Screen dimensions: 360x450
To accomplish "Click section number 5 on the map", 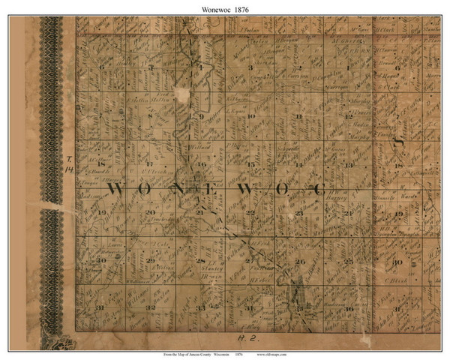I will (151, 68).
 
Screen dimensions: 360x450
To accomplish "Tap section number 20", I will (151, 213).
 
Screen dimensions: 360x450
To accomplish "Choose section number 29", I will (151, 260).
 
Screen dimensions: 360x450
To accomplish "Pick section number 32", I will (151, 307).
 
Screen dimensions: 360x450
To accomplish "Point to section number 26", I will (299, 261).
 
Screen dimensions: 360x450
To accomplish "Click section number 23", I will (299, 213).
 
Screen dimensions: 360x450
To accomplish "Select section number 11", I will (299, 116).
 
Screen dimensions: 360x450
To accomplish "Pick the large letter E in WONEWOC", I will (213, 189).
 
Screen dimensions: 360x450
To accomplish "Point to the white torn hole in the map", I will (180, 94).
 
